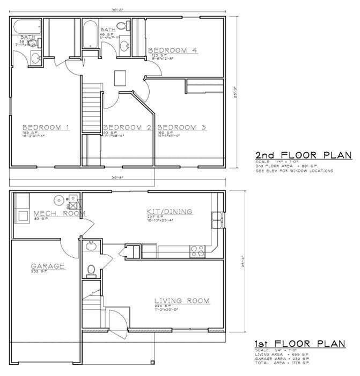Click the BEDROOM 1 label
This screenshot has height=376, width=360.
point(38,127)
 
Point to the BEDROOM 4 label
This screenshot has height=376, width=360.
point(173,50)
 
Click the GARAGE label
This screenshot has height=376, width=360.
point(47,266)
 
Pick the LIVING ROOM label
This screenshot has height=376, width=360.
point(181,300)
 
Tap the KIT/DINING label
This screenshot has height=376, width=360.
point(169,212)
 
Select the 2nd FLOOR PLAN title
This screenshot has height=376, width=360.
point(303,155)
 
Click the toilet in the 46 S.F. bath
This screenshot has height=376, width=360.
point(122,25)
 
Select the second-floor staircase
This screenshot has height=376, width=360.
point(92,107)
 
